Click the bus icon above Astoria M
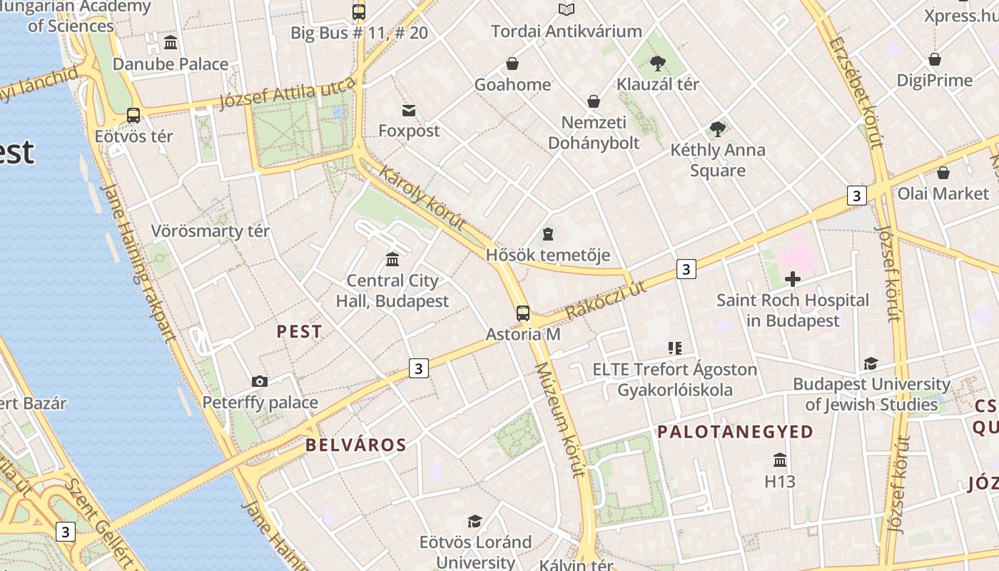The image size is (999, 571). click(523, 313)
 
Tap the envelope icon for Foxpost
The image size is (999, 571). click(409, 111)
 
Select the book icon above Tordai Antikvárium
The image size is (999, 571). click(567, 10)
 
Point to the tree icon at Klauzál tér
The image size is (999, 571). click(658, 64)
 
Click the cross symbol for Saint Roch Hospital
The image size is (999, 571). click(792, 279)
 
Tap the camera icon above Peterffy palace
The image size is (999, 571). click(260, 382)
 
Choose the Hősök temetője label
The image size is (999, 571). click(547, 255)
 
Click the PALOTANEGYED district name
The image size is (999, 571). click(735, 432)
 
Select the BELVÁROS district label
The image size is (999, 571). click(355, 445)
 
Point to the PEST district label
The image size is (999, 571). click(299, 332)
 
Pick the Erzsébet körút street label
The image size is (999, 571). click(856, 91)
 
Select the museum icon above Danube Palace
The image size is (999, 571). click(171, 43)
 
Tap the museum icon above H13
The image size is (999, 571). click(780, 460)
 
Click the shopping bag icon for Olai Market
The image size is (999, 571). click(943, 173)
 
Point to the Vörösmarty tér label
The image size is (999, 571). click(211, 231)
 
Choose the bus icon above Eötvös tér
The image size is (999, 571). click(133, 115)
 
